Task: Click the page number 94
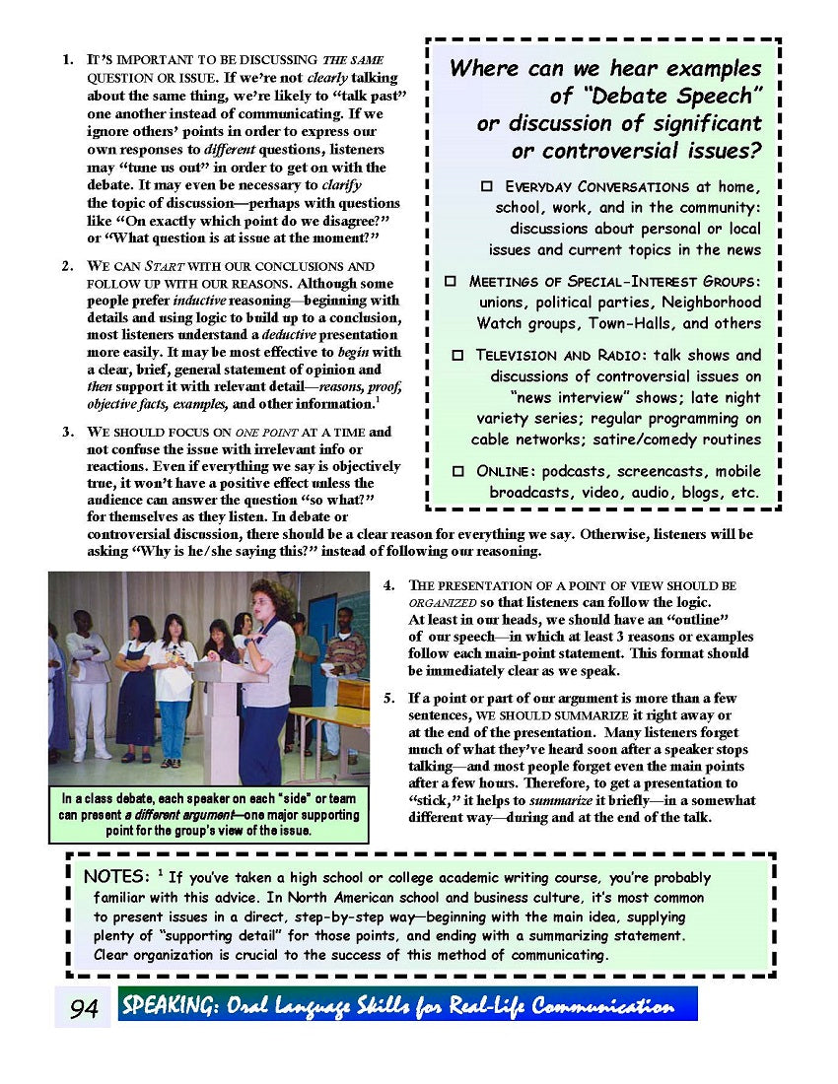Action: point(84,1008)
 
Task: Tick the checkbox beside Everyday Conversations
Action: point(486,185)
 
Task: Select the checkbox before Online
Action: point(458,471)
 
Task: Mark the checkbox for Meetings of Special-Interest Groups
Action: point(451,281)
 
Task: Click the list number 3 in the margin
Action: point(67,432)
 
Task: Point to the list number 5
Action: point(389,698)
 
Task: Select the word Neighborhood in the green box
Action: point(711,302)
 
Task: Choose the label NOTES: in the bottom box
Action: point(116,876)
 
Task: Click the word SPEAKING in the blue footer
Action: point(165,1006)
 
